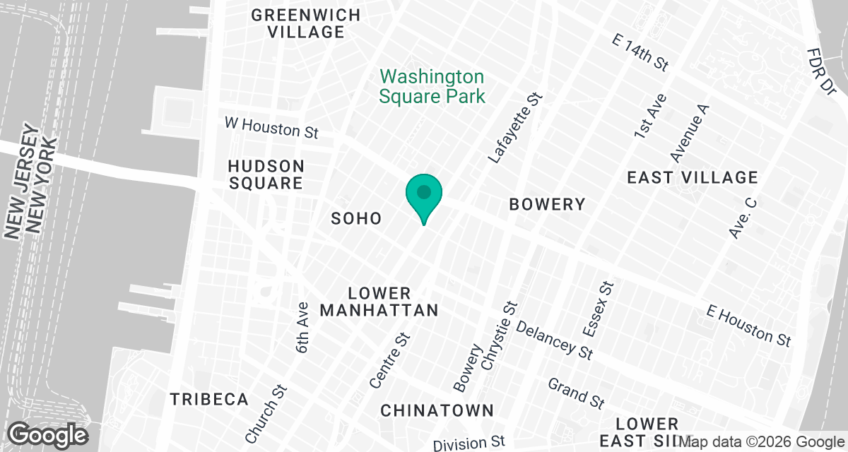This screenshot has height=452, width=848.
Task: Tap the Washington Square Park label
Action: coord(432,86)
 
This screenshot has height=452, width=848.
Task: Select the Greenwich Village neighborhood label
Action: coord(306,23)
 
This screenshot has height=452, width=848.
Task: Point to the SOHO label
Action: coord(356,219)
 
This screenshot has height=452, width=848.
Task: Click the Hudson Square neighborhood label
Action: coord(266,174)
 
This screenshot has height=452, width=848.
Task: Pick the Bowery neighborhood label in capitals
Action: coord(548,205)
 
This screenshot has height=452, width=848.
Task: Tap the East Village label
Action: coord(693,178)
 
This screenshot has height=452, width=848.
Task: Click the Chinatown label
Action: coord(437,410)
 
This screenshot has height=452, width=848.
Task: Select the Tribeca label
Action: coord(209,400)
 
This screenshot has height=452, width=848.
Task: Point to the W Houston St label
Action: coord(272,128)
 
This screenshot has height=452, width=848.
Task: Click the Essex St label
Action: coord(598,308)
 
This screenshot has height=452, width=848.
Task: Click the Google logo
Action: coord(48,433)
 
